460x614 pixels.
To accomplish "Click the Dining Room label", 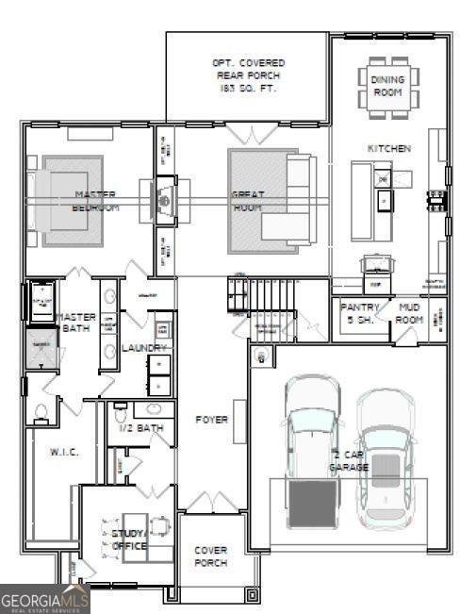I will pos(386,86).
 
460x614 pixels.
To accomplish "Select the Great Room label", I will pos(248,200).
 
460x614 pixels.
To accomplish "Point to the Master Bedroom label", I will pos(96,200).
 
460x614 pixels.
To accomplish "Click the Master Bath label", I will pos(75,324).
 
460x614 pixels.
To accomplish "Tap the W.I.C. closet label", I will pos(63,452).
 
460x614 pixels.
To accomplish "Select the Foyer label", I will pos(212,419).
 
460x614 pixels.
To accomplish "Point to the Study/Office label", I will pos(129,539).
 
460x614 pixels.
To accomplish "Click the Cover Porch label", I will pos(211,556).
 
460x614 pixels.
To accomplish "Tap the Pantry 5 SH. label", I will pos(359,313).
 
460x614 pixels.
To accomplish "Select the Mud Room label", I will pos(409,313).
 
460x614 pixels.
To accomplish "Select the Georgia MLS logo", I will pos(45,598).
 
